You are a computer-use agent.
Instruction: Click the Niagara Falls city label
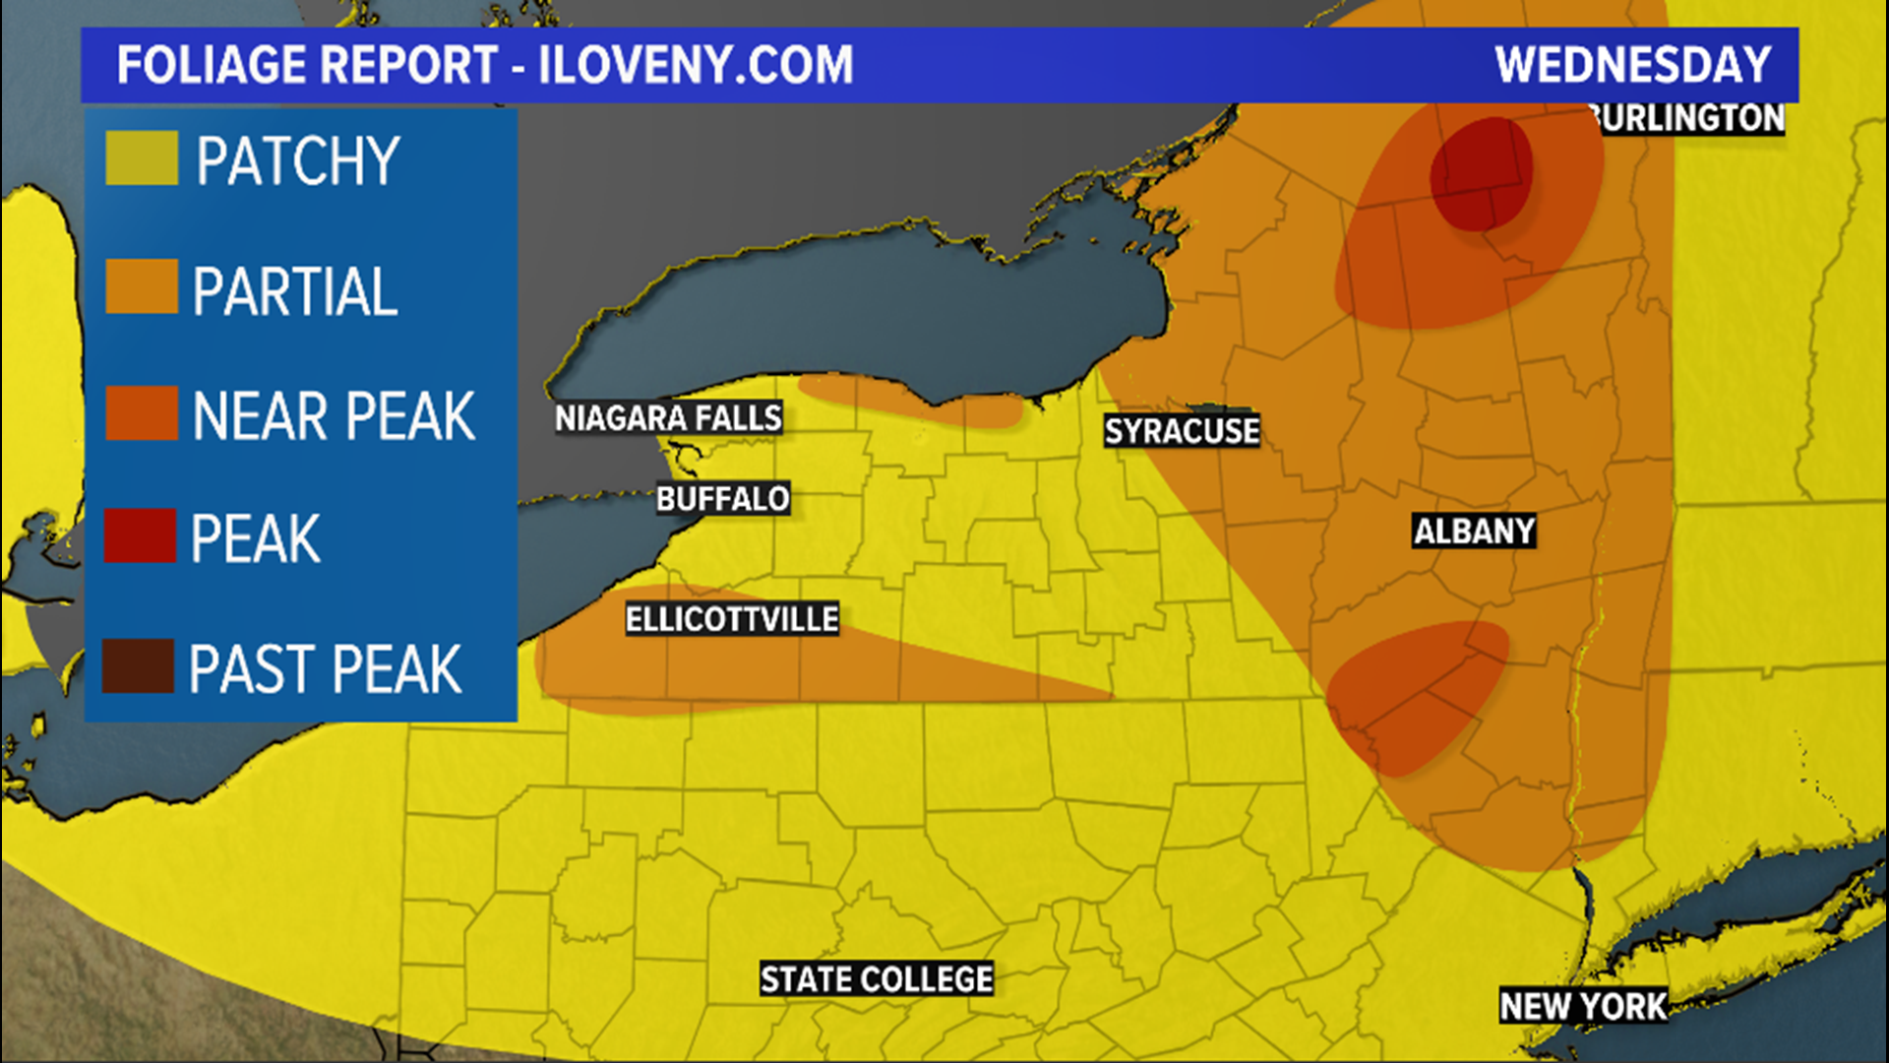(668, 418)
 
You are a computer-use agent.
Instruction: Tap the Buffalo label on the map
(722, 499)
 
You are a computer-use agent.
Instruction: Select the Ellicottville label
(732, 619)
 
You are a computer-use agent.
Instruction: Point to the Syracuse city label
(1181, 431)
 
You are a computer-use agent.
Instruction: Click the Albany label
(1473, 531)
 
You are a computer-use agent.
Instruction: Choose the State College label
(876, 979)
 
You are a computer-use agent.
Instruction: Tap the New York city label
(1582, 1006)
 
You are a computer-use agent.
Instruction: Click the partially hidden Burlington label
(1690, 118)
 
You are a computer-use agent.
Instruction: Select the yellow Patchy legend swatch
(142, 157)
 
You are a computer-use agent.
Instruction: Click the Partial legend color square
(142, 286)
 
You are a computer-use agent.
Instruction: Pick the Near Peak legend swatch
(142, 412)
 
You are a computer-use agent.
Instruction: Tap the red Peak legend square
(141, 535)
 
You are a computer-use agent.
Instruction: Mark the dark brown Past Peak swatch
(139, 665)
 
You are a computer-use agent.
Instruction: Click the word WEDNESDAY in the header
(1632, 65)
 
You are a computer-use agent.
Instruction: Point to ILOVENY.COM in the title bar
(696, 65)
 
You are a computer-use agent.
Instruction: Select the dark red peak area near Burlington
(1480, 173)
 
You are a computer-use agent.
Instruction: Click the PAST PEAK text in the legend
(325, 669)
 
